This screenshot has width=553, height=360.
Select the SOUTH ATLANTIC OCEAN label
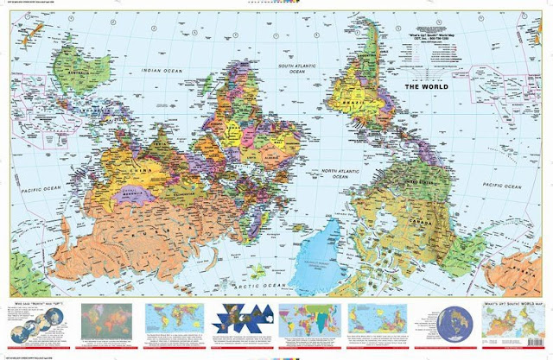click(297, 68)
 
